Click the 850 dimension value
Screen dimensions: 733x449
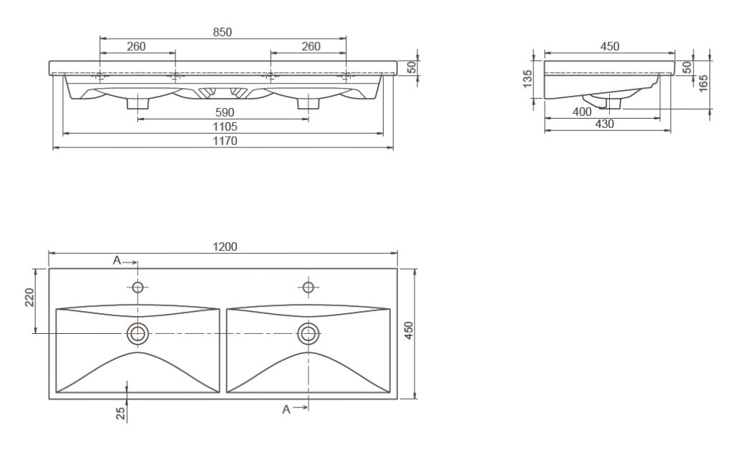tap(223, 32)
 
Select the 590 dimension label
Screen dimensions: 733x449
tap(224, 112)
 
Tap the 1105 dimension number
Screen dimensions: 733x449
tap(225, 127)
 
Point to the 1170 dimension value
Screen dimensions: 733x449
tap(225, 141)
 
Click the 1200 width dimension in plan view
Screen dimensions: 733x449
tap(225, 247)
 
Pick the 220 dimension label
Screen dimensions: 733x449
tap(29, 297)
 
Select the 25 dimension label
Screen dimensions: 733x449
tap(120, 413)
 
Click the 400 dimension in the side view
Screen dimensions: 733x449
tap(582, 112)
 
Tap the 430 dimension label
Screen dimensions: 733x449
tap(604, 124)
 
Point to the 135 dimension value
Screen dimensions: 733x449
tap(528, 79)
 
